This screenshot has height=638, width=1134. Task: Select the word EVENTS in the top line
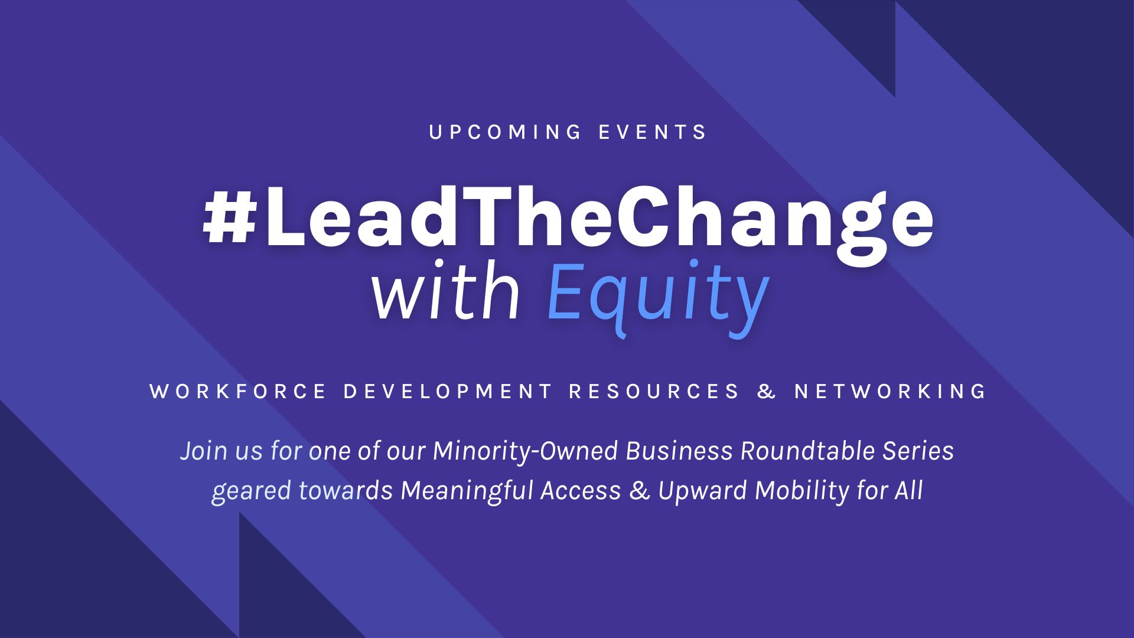pyautogui.click(x=653, y=132)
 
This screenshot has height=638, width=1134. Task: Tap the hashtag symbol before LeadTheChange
pyautogui.click(x=228, y=219)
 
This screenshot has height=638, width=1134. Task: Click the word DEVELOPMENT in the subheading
pyautogui.click(x=447, y=391)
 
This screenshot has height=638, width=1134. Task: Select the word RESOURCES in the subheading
pyautogui.click(x=654, y=391)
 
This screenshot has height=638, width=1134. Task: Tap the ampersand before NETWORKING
pyautogui.click(x=767, y=391)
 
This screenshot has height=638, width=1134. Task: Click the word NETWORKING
pyautogui.click(x=890, y=391)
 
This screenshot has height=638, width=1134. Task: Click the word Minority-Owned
pyautogui.click(x=525, y=451)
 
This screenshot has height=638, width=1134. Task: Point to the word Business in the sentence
pyautogui.click(x=679, y=451)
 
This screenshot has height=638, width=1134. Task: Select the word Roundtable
pyautogui.click(x=807, y=451)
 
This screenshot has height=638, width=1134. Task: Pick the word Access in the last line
pyautogui.click(x=581, y=491)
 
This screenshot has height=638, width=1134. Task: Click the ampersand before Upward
pyautogui.click(x=640, y=491)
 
